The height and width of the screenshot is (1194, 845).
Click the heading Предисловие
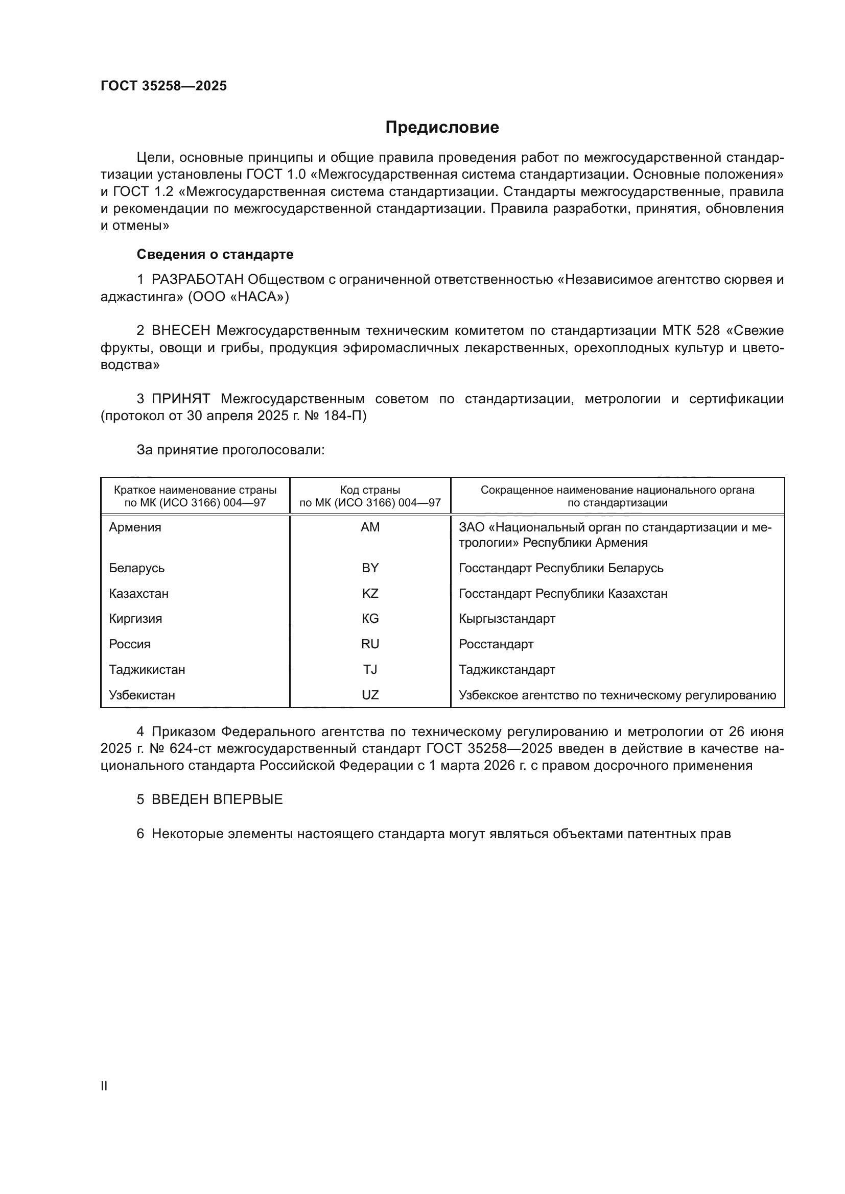tap(442, 128)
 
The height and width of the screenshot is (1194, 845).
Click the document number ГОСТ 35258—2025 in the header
tap(163, 86)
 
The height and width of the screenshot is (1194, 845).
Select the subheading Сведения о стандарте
tap(215, 254)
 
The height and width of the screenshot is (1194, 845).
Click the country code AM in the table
tap(370, 527)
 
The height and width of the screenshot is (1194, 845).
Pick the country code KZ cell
tap(370, 593)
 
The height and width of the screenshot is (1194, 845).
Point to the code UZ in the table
tap(370, 695)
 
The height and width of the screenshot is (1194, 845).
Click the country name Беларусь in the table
tap(137, 568)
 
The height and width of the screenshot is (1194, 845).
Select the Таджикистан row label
tap(147, 669)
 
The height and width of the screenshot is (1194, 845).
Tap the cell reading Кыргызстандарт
tap(507, 618)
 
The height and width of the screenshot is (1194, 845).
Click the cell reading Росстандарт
tap(496, 644)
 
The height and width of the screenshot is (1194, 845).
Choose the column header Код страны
tap(370, 490)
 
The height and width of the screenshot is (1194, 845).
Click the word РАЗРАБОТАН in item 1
tap(198, 280)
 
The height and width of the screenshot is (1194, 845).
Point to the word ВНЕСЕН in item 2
tap(181, 331)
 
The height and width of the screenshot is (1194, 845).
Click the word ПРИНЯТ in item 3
tap(181, 399)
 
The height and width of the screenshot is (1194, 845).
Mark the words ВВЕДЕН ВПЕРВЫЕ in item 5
tap(217, 799)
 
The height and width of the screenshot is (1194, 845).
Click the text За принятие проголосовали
tap(230, 450)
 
